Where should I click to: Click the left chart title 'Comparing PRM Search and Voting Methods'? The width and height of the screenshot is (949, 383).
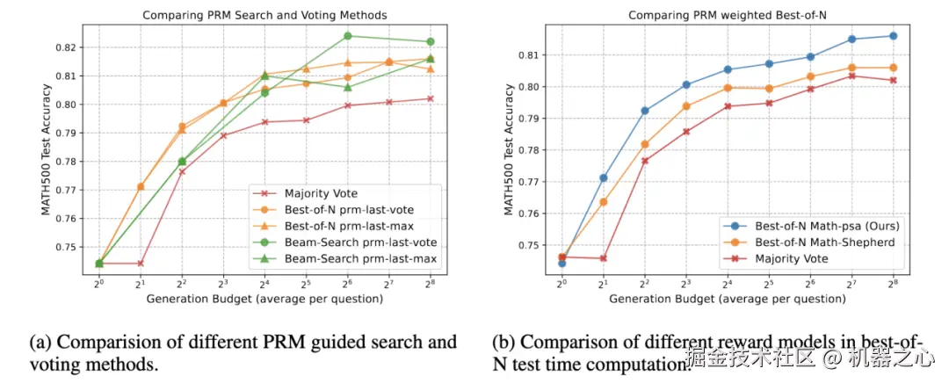[264, 15]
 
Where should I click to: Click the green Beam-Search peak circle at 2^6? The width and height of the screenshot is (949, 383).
[348, 36]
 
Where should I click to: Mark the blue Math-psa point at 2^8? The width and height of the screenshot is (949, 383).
[893, 36]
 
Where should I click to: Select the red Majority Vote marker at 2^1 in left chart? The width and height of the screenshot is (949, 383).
[141, 264]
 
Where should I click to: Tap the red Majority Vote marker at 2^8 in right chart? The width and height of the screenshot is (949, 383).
[893, 80]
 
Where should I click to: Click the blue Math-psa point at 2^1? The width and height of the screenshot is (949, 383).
[604, 177]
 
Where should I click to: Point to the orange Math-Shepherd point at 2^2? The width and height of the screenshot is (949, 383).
[645, 144]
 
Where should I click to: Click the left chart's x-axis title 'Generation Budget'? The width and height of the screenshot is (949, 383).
[264, 300]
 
